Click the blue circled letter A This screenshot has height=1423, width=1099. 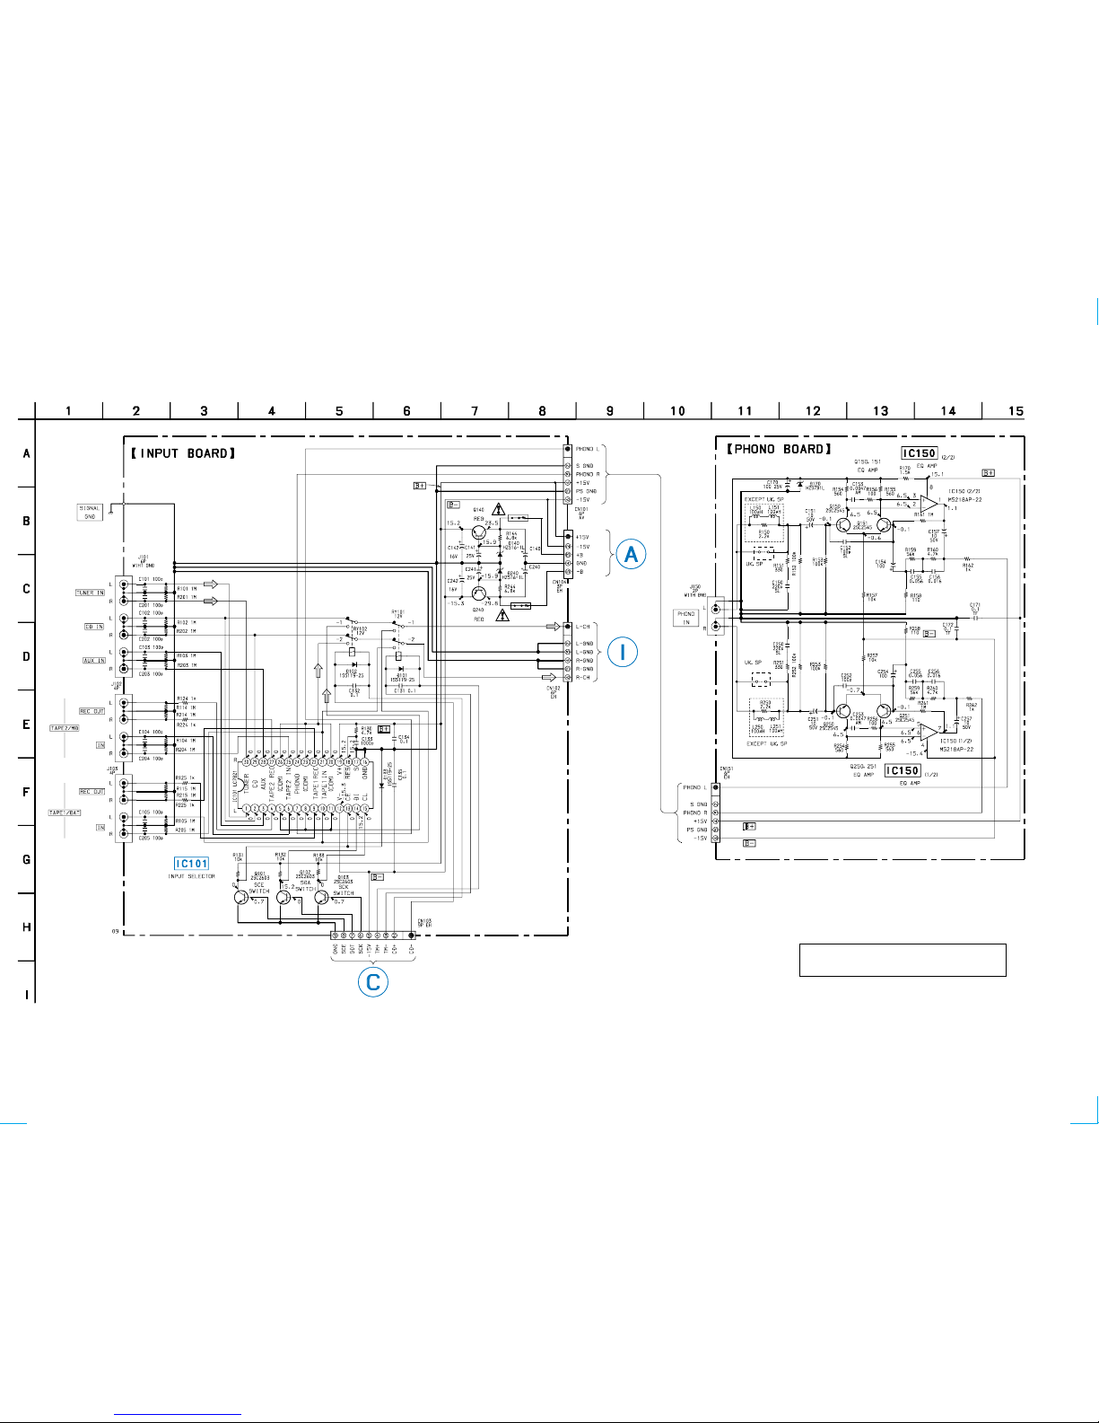pos(632,554)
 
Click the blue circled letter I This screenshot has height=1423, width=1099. pos(623,652)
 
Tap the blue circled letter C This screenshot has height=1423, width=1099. pos(373,981)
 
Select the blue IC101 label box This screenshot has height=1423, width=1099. pos(191,864)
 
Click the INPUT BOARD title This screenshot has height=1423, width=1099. pos(183,453)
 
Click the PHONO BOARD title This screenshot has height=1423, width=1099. pos(779,449)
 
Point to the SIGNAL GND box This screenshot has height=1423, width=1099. pos(90,513)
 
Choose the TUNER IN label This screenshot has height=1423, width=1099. pos(90,593)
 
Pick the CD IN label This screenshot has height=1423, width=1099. pos(94,627)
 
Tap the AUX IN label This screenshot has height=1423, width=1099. pos(94,661)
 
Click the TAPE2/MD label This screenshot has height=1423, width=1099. pos(65,728)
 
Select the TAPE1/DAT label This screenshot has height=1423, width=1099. pos(65,813)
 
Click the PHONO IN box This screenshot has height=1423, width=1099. pos(686,618)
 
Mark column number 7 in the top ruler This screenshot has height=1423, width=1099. pos(475,411)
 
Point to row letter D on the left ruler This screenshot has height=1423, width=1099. pos(26,656)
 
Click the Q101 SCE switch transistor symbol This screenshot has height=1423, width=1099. pos(240,897)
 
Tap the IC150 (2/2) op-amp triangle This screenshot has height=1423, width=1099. pos(928,505)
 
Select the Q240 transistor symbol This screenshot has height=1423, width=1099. pos(479,593)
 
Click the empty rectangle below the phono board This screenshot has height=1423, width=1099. pos(902,960)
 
